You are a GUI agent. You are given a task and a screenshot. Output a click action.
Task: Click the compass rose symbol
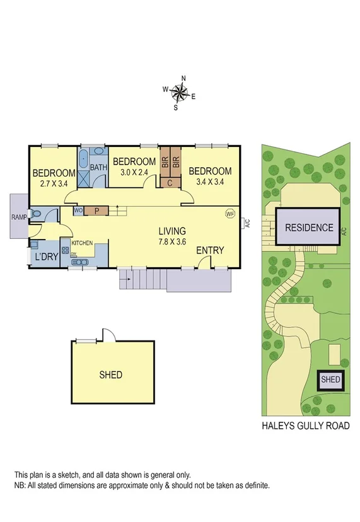pyautogui.click(x=180, y=93)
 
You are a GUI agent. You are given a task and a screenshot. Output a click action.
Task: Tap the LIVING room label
pyautogui.click(x=172, y=231)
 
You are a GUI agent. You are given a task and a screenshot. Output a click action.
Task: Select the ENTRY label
pyautogui.click(x=210, y=250)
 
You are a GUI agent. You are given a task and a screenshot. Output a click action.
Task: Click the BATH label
pyautogui.click(x=98, y=168)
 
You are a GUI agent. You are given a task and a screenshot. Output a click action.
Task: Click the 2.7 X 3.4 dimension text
pyautogui.click(x=53, y=184)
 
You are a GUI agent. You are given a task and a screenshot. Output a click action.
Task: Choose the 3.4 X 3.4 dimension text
pyautogui.click(x=210, y=182)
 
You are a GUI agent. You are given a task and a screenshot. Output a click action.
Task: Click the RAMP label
pyautogui.click(x=18, y=217)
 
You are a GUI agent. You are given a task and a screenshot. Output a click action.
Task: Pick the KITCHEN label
pyautogui.click(x=82, y=243)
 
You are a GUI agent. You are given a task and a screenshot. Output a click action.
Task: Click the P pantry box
pyautogui.click(x=96, y=211)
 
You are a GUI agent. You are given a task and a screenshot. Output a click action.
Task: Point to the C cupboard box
pyautogui.click(x=170, y=183)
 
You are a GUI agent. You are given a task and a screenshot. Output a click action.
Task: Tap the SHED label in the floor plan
pyautogui.click(x=111, y=374)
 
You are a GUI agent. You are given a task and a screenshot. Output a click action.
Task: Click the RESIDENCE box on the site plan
pyautogui.click(x=309, y=228)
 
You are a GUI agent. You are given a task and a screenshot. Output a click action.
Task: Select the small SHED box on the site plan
pyautogui.click(x=330, y=380)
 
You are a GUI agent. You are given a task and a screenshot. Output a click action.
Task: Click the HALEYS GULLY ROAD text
pyautogui.click(x=305, y=426)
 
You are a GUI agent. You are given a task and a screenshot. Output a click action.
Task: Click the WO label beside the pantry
pyautogui.click(x=79, y=211)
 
